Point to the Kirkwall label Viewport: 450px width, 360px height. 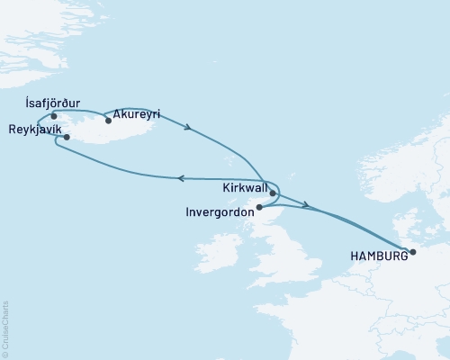pos(243,191)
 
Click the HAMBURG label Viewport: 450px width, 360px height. pos(378,255)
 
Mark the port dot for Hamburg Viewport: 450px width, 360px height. pos(412,253)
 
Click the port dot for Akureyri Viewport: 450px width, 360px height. pos(108,120)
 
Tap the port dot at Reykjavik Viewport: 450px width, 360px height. pos(67,137)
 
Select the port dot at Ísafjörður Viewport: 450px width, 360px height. pos(54,115)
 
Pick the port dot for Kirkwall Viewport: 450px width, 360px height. pos(272,192)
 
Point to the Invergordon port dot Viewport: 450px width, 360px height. pos(258,207)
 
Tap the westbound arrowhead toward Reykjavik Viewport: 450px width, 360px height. pos(181,178)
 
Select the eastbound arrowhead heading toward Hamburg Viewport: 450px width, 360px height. pos(307,207)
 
